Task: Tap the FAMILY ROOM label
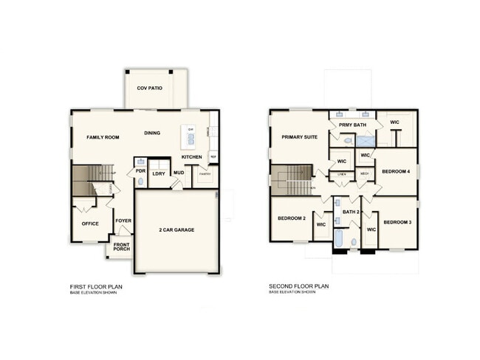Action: point(103,137)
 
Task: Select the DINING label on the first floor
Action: point(152,134)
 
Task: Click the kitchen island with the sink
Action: point(189,136)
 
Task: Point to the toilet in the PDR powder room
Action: point(141,179)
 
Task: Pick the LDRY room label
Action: point(159,174)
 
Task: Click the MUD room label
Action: point(178,173)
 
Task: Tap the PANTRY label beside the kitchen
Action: point(205,174)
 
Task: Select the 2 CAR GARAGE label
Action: point(176,230)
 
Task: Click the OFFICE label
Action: point(90,224)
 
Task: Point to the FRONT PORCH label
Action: point(120,247)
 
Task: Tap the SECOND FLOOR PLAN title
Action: point(299,286)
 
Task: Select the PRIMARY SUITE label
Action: point(299,137)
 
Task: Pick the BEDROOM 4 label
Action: point(395,172)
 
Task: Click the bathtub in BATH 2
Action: point(338,239)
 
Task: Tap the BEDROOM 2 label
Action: point(292,218)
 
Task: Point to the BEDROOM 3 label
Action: point(397,222)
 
